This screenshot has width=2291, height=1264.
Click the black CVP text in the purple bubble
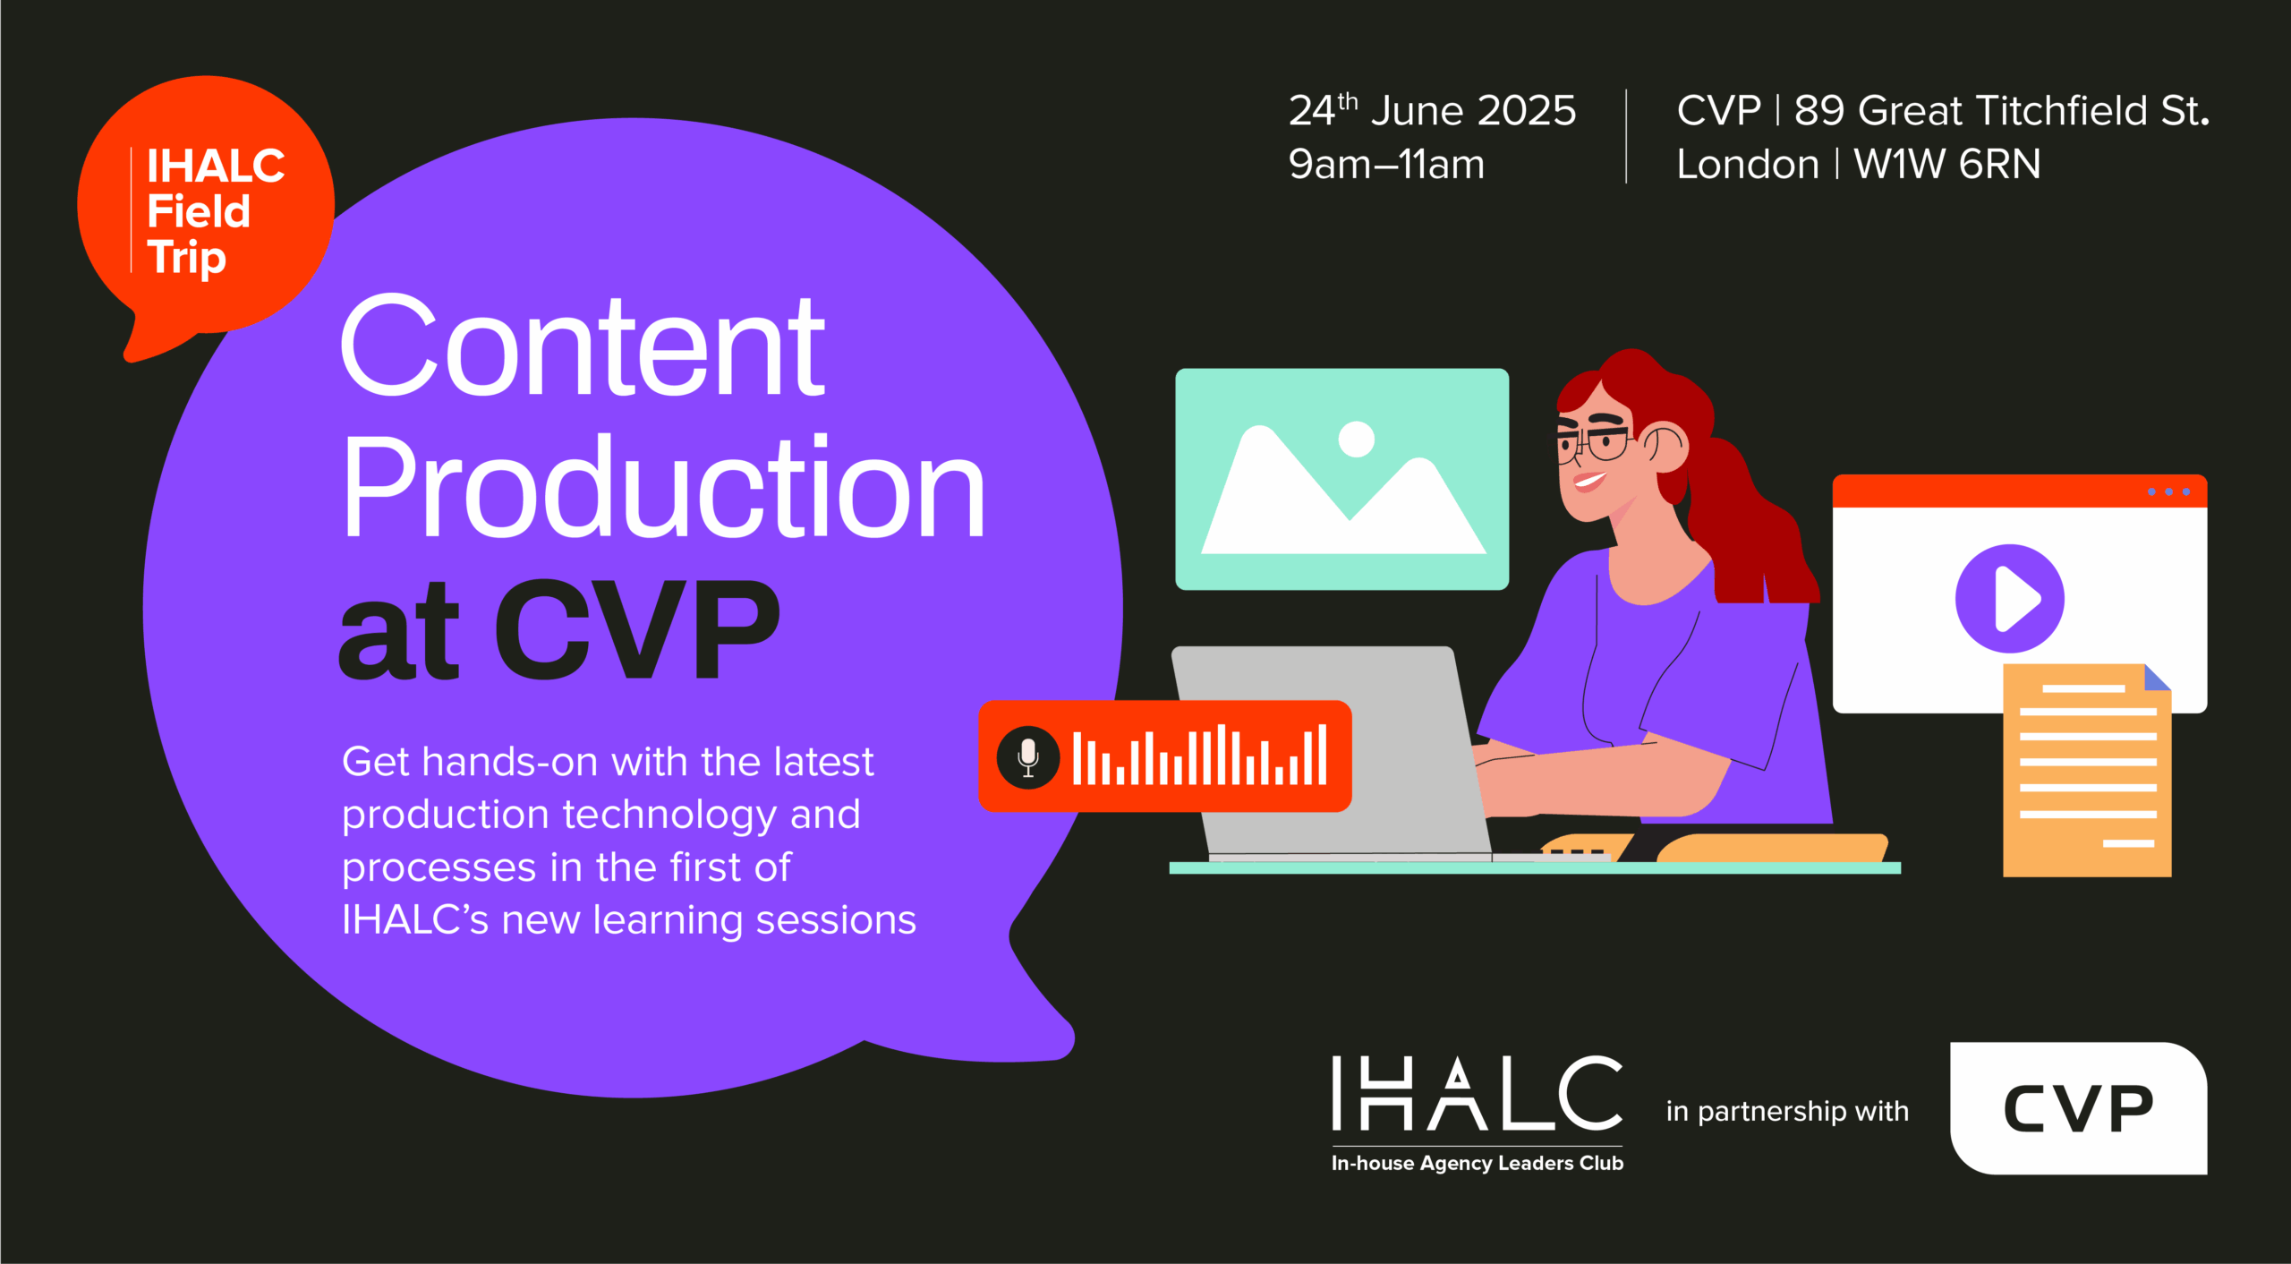637,628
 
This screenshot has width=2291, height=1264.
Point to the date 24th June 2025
1432,110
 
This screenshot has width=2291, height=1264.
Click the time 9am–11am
1386,164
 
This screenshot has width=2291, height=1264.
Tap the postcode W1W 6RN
1947,164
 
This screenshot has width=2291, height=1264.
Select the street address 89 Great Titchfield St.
2002,110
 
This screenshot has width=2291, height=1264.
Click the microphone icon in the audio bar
1028,757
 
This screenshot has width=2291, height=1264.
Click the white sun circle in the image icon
1356,439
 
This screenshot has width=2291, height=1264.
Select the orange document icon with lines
2087,770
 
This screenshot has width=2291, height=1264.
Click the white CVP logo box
2079,1108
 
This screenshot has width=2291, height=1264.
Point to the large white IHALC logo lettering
1477,1092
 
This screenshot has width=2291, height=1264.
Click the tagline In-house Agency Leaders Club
1478,1163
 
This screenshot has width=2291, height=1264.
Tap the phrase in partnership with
1787,1112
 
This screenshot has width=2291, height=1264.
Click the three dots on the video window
2168,491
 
